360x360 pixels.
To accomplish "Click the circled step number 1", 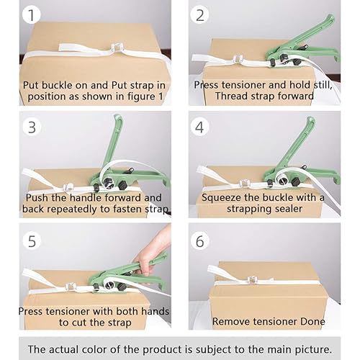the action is (x=32, y=14).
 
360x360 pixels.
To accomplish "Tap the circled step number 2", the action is (x=199, y=14).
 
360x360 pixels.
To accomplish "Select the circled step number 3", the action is (x=32, y=127).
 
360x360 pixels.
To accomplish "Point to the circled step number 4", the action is (x=200, y=127).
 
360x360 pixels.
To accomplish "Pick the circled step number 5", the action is (x=32, y=240).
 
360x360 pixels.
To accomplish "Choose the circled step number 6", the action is (x=200, y=240).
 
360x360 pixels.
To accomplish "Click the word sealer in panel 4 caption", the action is (x=289, y=209).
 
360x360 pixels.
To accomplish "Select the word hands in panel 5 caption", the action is (x=155, y=311).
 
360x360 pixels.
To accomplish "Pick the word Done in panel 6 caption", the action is (x=312, y=321).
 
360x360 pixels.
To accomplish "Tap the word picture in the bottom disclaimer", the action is (x=313, y=349).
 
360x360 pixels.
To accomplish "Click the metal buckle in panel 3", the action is (x=68, y=188).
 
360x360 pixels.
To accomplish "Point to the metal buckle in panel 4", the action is (x=245, y=184).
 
